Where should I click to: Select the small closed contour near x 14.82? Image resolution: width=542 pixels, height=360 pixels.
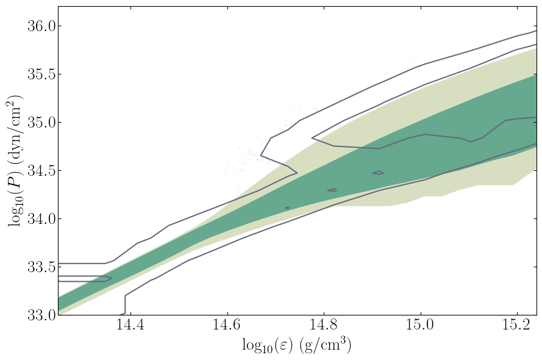tap(332, 190)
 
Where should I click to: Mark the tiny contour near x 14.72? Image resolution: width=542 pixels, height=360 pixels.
tap(287, 208)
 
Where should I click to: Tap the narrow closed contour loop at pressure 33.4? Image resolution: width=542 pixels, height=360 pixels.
tap(85, 279)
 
